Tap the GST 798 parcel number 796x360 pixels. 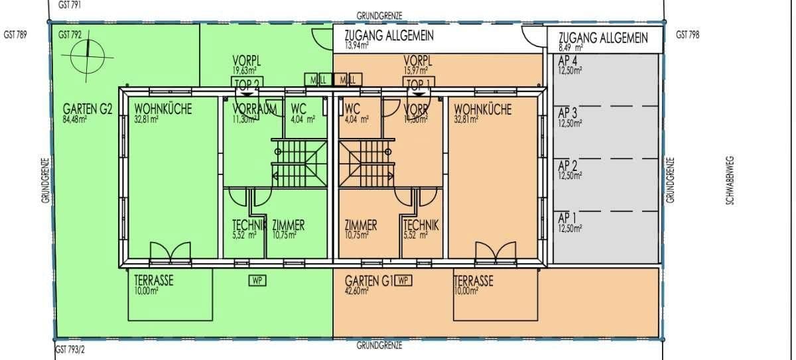(x=687, y=35)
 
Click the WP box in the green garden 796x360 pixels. (x=257, y=280)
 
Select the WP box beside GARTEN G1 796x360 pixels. (x=403, y=280)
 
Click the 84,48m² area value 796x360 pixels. (x=76, y=120)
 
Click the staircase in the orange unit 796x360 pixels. (x=365, y=164)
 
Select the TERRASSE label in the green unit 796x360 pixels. (x=153, y=280)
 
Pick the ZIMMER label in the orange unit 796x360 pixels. (x=361, y=225)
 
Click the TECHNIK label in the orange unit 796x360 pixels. (x=421, y=225)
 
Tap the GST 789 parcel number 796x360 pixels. (x=15, y=35)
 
